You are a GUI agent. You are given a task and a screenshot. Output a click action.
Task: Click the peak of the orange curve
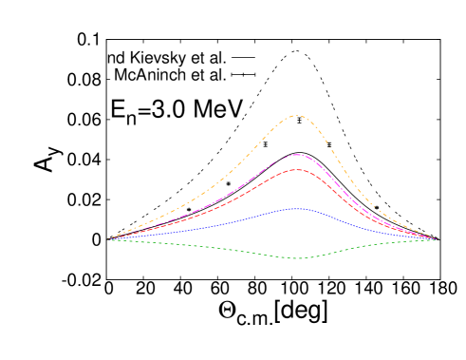coord(297,116)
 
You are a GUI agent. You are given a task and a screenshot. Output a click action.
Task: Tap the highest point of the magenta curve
coord(297,154)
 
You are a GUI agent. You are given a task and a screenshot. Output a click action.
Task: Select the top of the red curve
coord(297,169)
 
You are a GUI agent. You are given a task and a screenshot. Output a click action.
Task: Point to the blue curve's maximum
coord(297,208)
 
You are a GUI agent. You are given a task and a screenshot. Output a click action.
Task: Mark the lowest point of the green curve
coord(297,257)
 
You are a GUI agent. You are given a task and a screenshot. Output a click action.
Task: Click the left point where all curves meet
coord(107,239)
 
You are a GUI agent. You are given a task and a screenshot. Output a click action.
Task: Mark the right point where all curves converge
coord(436,239)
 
